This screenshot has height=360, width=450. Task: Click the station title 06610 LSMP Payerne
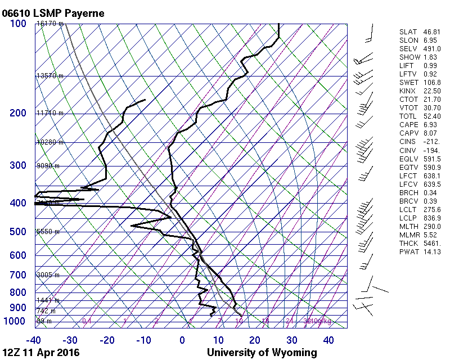click(x=53, y=13)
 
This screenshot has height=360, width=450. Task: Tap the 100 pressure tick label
click(x=17, y=24)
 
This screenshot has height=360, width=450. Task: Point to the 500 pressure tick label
click(x=17, y=232)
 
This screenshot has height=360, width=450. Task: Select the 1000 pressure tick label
click(x=15, y=321)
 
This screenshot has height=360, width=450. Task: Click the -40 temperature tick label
click(x=34, y=340)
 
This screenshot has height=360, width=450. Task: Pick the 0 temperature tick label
click(x=182, y=340)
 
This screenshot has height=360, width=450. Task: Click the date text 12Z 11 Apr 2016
click(x=41, y=353)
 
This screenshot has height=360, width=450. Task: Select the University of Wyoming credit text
click(x=262, y=353)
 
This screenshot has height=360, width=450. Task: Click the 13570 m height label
click(x=49, y=76)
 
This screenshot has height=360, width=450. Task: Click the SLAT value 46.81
click(x=431, y=32)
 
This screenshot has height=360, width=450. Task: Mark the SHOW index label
click(x=407, y=57)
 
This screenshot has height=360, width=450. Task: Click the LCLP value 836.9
click(x=431, y=218)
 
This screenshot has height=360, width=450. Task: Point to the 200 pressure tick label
click(x=17, y=114)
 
